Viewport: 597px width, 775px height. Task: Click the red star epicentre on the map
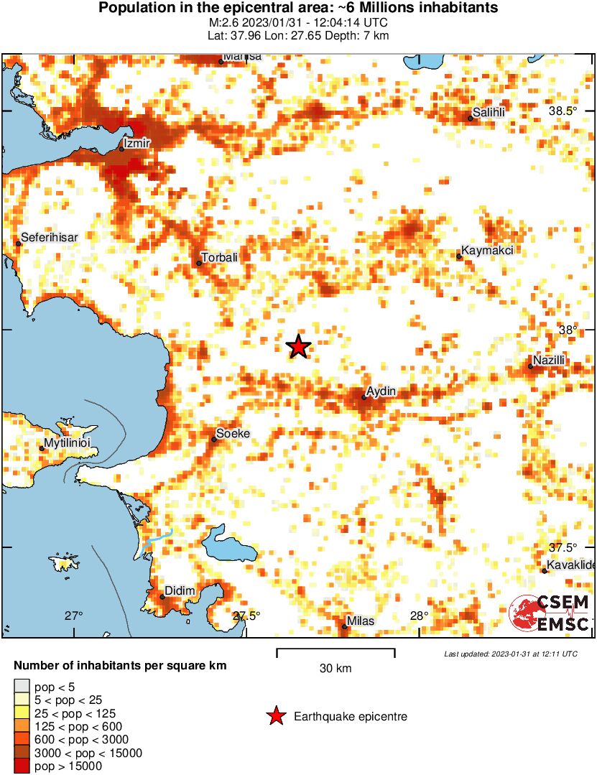[x=298, y=347]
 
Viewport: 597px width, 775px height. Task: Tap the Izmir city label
[x=137, y=144]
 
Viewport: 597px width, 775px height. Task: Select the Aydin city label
[x=381, y=391]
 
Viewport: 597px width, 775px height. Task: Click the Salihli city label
[x=489, y=112]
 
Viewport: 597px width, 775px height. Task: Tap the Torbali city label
[x=220, y=257]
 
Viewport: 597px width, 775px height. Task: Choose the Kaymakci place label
[x=488, y=251]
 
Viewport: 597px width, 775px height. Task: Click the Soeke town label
[x=233, y=434]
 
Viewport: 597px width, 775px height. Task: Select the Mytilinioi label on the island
[x=71, y=445]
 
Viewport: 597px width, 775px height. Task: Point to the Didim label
[x=180, y=591]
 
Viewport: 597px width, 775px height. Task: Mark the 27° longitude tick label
[x=73, y=616]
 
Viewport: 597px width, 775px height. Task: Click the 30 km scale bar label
[x=335, y=669]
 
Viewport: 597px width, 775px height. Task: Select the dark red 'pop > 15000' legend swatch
[x=22, y=766]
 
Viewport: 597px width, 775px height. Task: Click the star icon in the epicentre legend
[x=274, y=716]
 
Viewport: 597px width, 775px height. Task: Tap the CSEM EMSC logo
[x=550, y=614]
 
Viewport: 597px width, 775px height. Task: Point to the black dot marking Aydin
[x=364, y=397]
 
